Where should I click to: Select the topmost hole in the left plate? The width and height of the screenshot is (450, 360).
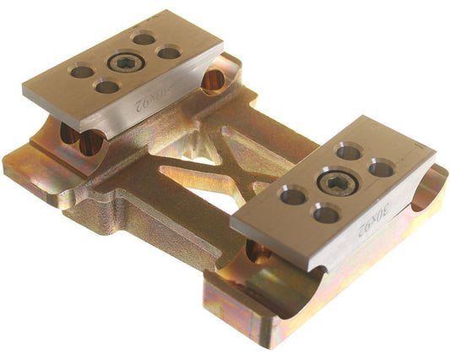(144, 38)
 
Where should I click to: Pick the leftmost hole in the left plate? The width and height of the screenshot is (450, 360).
(81, 72)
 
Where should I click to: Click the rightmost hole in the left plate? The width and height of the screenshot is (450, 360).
(169, 52)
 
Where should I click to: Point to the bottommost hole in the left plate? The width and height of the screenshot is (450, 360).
(106, 86)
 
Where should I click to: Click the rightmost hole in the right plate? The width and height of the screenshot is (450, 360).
(382, 168)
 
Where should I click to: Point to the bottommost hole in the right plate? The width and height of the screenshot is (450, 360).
(326, 214)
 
